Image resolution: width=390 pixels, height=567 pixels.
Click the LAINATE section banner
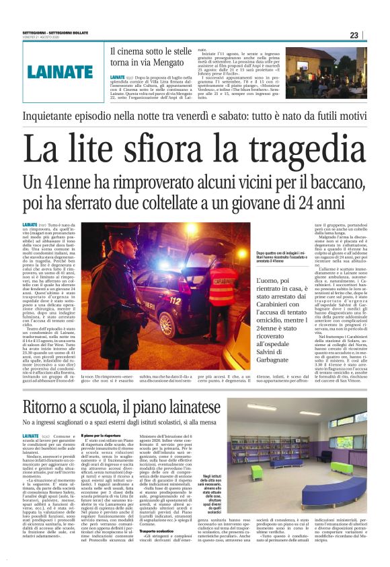point(61,71)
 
